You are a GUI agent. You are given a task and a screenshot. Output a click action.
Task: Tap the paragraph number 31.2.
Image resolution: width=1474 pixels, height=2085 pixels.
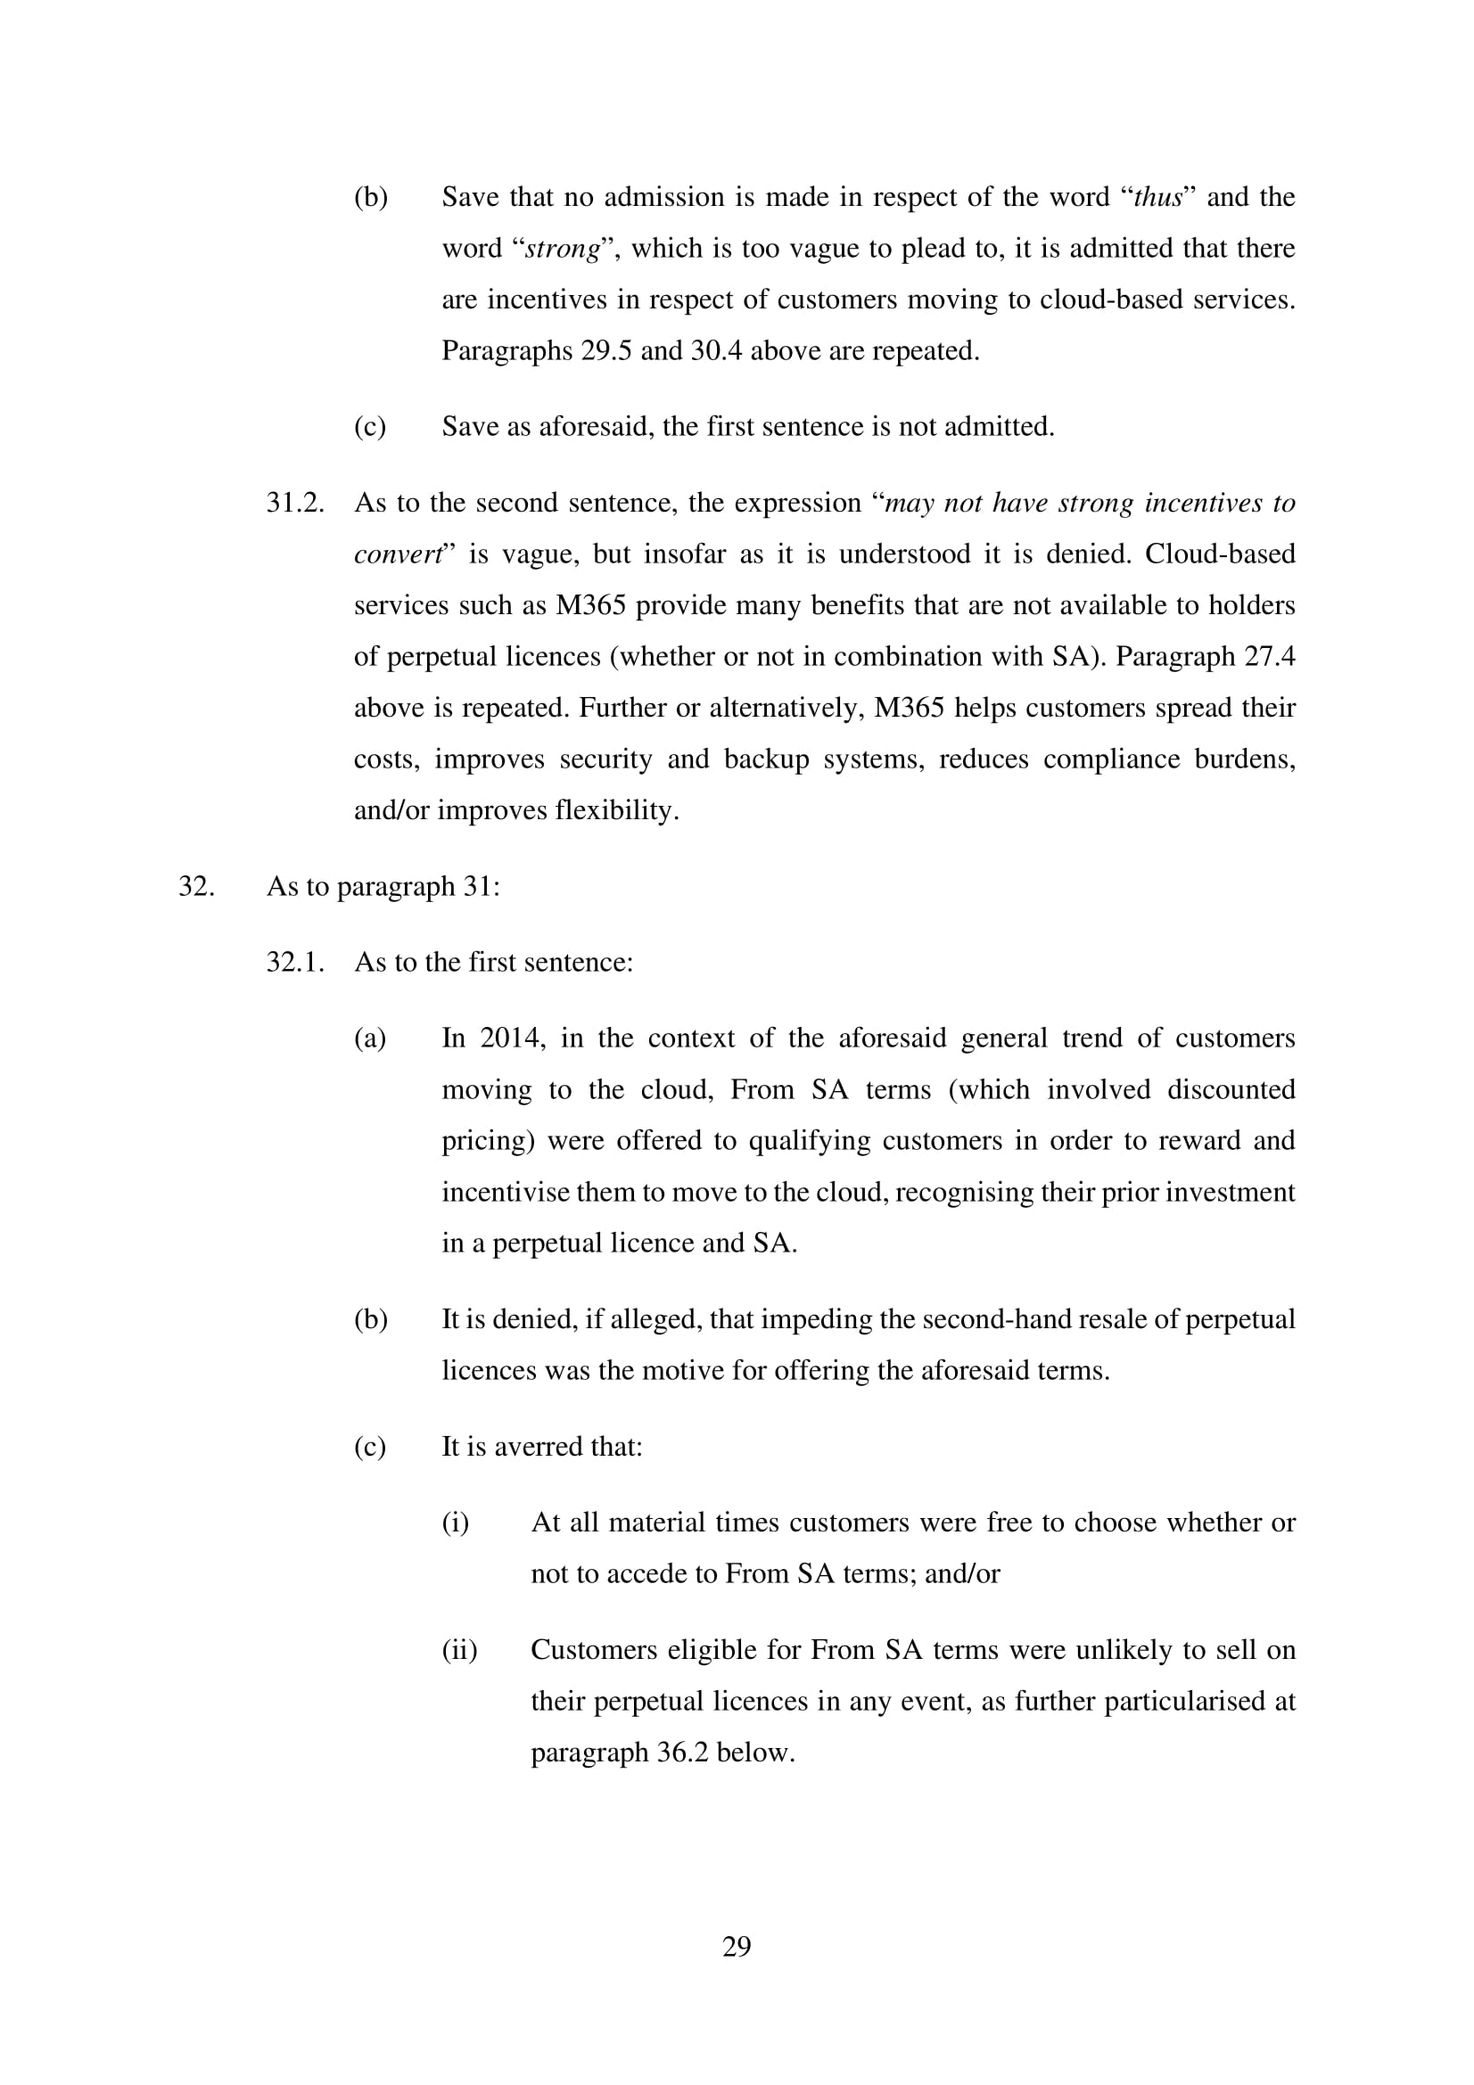pyautogui.click(x=295, y=503)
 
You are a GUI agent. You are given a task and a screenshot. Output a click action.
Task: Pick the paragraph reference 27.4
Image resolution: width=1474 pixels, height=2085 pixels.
pyautogui.click(x=1270, y=657)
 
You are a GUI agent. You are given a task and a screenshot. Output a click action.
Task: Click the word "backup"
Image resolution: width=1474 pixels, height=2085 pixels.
pyautogui.click(x=766, y=759)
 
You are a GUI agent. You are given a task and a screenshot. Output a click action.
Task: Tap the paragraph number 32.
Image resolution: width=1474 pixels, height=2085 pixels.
pyautogui.click(x=196, y=886)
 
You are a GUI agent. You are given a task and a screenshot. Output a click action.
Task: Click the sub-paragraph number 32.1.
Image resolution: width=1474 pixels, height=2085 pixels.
pyautogui.click(x=295, y=962)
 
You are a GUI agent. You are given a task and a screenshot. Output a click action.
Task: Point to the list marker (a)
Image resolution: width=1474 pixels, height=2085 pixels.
pyautogui.click(x=370, y=1038)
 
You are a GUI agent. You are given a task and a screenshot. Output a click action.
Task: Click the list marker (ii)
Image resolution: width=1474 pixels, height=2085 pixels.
pyautogui.click(x=459, y=1650)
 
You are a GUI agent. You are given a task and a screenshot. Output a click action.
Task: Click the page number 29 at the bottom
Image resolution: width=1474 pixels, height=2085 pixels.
pyautogui.click(x=737, y=1946)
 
